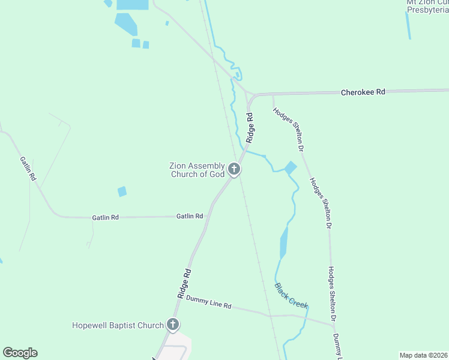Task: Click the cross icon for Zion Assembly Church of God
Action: point(235,170)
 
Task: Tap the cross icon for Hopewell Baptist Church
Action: point(173,325)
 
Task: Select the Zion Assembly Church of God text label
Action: point(197,170)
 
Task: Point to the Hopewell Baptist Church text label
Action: point(118,325)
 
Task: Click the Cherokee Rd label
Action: point(363,92)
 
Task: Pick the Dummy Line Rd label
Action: point(208,302)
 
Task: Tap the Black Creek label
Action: point(291,295)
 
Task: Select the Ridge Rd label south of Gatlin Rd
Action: point(184,283)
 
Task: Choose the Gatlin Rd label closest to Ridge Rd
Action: point(189,216)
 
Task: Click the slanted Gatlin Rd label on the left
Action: point(28,170)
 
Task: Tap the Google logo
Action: point(20,353)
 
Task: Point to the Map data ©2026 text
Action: point(423,355)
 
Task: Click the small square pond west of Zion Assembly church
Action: point(122,191)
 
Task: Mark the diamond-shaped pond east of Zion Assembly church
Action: point(291,168)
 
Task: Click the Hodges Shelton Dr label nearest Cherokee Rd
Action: point(289,128)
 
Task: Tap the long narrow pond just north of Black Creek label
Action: point(284,242)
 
